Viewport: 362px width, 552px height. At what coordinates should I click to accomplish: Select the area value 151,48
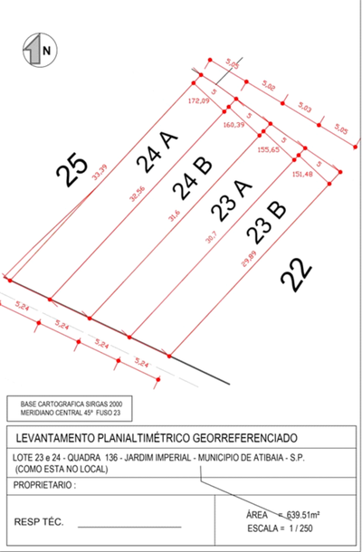[x=305, y=175]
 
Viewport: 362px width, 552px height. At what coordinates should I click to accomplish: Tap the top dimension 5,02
[x=269, y=85]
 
